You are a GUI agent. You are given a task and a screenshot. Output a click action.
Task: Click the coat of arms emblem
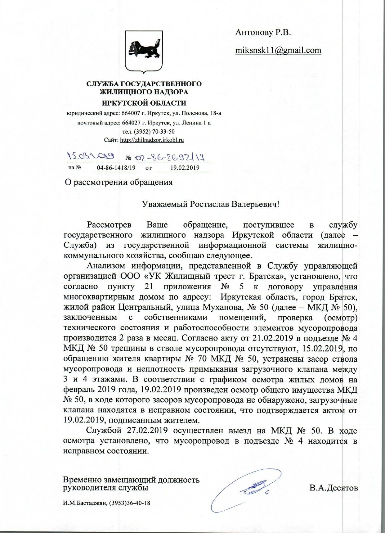(x=144, y=52)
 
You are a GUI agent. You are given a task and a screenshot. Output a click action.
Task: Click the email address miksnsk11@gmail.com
(x=278, y=50)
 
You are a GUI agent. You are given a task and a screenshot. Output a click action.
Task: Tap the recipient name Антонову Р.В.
(x=263, y=32)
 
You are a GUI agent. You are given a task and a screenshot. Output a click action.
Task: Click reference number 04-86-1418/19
(x=116, y=168)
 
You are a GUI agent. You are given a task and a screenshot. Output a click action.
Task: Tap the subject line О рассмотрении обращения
(x=118, y=182)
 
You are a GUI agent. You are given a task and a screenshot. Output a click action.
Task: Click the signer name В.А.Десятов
(x=334, y=488)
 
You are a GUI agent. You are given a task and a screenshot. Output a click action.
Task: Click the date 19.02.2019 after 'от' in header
(x=185, y=168)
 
